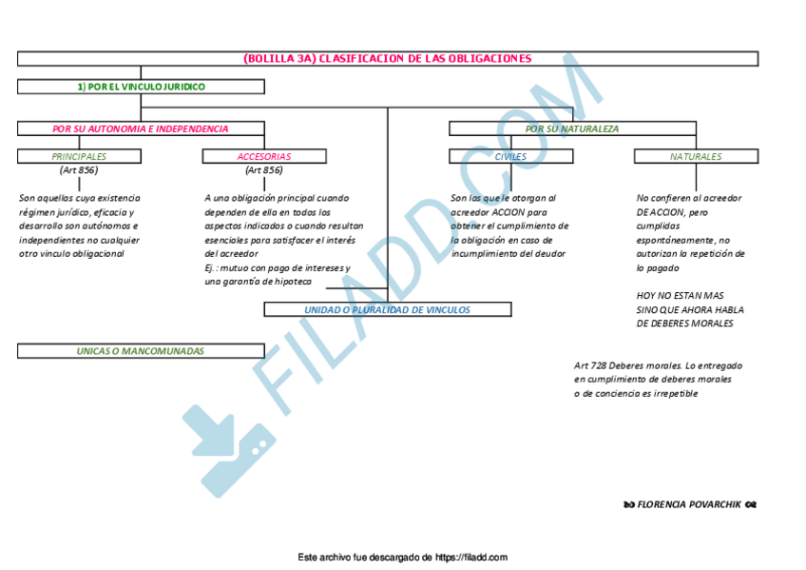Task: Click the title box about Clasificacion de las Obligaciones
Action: pyautogui.click(x=387, y=59)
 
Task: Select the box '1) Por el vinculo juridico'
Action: pyautogui.click(x=141, y=87)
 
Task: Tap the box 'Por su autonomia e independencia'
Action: pyautogui.click(x=141, y=128)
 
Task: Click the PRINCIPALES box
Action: pyautogui.click(x=79, y=156)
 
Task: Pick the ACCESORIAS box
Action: pyautogui.click(x=264, y=156)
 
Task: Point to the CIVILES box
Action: pyautogui.click(x=510, y=156)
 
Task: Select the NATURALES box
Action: pyautogui.click(x=696, y=156)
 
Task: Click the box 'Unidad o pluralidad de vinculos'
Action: pyautogui.click(x=387, y=309)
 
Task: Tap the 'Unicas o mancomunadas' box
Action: pyautogui.click(x=141, y=351)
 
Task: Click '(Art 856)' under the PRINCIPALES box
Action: pyautogui.click(x=78, y=170)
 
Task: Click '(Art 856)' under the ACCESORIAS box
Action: pyautogui.click(x=263, y=170)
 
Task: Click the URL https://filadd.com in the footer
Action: pyautogui.click(x=471, y=558)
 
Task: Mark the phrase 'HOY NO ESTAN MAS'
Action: pyautogui.click(x=680, y=296)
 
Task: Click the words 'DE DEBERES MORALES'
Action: pyautogui.click(x=684, y=324)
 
